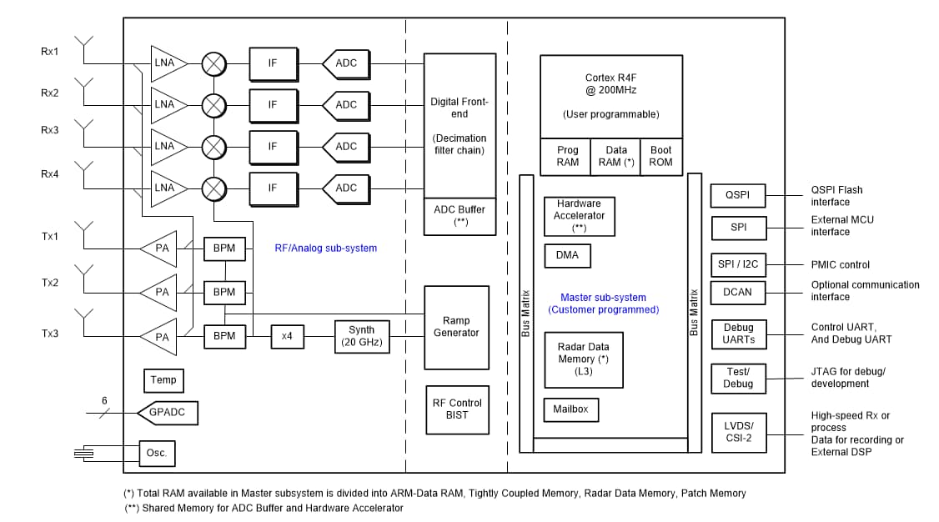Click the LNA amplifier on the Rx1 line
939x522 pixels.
[x=167, y=63]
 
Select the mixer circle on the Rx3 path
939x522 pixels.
[x=215, y=147]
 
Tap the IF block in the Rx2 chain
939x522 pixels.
[x=272, y=105]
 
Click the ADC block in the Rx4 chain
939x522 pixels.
[x=344, y=188]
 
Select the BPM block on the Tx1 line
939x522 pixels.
[x=225, y=249]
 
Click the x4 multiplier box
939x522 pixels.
[x=288, y=336]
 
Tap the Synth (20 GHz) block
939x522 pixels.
[x=362, y=336]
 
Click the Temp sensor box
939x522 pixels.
[x=163, y=380]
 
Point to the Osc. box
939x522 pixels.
[x=157, y=454]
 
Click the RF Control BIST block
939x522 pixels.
[x=456, y=409]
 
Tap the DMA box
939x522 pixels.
[x=567, y=256]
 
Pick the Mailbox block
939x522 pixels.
[x=571, y=409]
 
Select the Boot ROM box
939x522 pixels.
[x=660, y=157]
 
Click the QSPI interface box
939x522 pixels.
[x=738, y=196]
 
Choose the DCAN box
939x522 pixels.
[x=738, y=293]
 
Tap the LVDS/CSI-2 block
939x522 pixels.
[x=738, y=432]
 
